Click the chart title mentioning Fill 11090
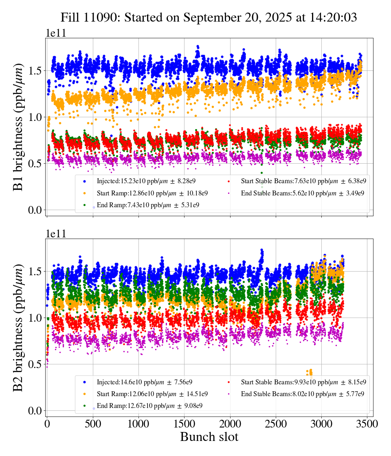click(209, 18)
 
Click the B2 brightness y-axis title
click(18, 328)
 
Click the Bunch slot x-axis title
click(209, 437)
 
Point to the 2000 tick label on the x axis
click(230, 423)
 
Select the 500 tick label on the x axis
click(93, 423)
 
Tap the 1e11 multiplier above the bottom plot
click(56, 234)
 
